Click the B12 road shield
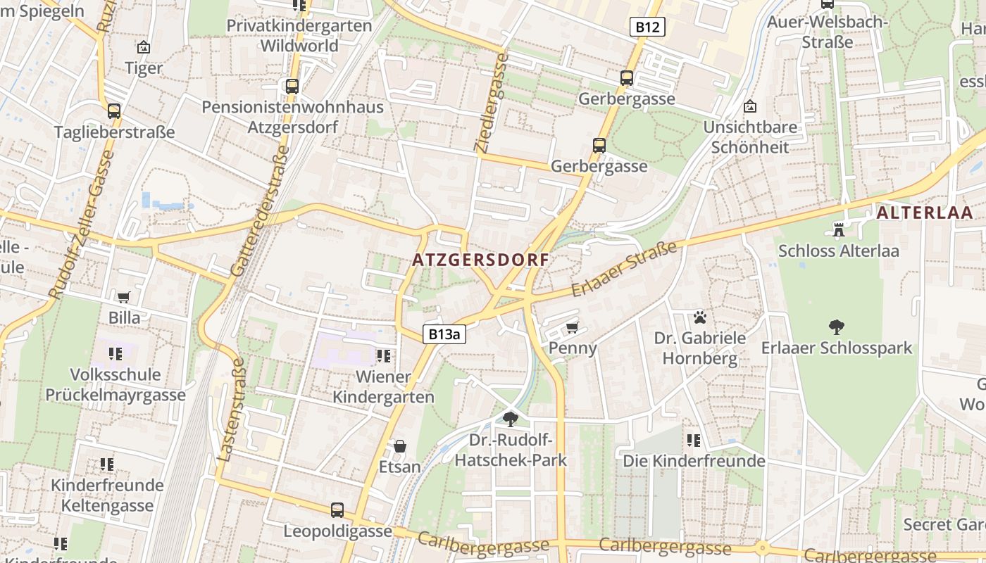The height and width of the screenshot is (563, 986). tap(647, 27)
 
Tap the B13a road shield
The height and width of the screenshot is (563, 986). tap(444, 334)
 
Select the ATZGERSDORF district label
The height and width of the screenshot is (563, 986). tap(480, 260)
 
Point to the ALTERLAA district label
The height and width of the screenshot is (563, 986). tap(925, 213)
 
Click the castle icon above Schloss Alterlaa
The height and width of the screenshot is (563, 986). tap(838, 229)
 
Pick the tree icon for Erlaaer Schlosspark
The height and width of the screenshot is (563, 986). tap(836, 327)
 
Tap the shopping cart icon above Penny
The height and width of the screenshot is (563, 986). tap(573, 327)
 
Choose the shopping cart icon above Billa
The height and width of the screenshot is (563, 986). tap(124, 297)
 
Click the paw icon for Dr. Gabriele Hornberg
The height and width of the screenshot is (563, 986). tap(699, 317)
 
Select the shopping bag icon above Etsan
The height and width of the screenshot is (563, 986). tap(400, 445)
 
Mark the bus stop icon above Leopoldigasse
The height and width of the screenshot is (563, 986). tap(337, 510)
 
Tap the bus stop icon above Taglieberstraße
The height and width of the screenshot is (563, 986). tap(114, 110)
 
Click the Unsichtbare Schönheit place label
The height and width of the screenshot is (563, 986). tap(750, 137)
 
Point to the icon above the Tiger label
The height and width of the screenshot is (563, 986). tap(144, 47)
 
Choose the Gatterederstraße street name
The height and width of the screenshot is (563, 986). tap(259, 211)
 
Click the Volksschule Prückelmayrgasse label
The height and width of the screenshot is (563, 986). tap(116, 384)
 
